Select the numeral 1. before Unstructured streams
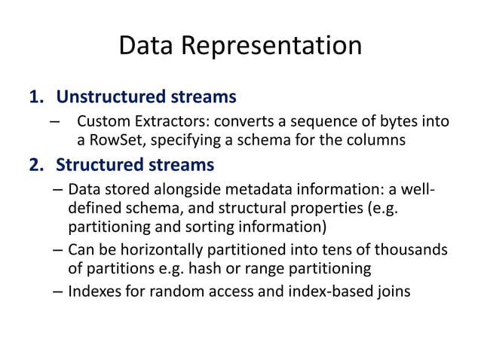point(37,97)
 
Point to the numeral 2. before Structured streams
point(37,164)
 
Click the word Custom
point(103,122)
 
